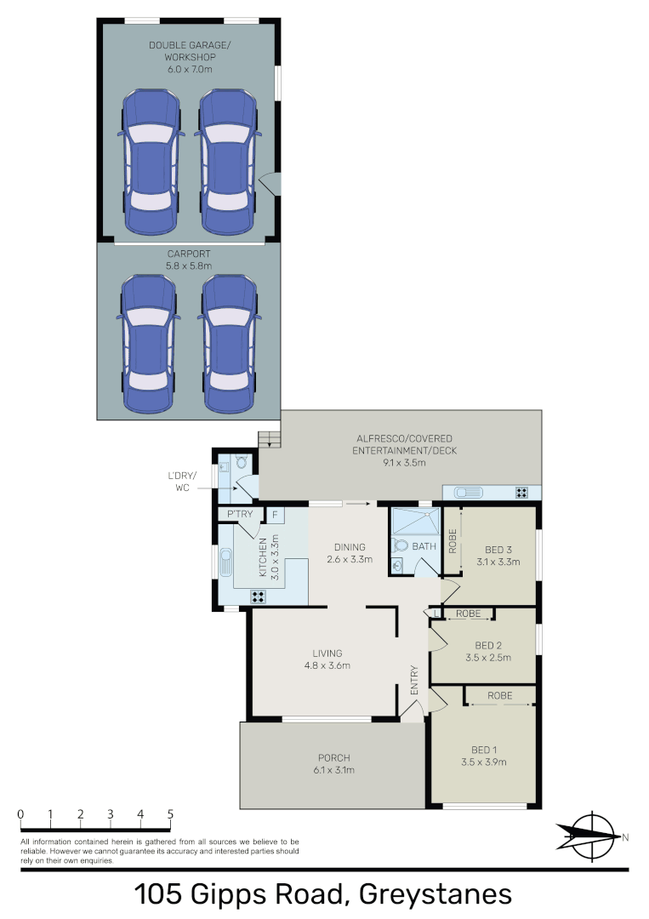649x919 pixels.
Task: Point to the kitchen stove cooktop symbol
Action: pyautogui.click(x=258, y=596)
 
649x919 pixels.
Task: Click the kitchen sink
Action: pyautogui.click(x=227, y=562)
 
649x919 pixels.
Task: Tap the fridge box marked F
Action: pyautogui.click(x=274, y=515)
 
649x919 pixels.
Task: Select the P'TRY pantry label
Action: pyautogui.click(x=239, y=515)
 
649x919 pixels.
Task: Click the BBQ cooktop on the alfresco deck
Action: pyautogui.click(x=521, y=492)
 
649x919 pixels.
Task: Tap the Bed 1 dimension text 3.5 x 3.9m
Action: pyautogui.click(x=482, y=762)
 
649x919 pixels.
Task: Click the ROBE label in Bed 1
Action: pyautogui.click(x=499, y=696)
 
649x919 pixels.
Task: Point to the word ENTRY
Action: pyautogui.click(x=414, y=681)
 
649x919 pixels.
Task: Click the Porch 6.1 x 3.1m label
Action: pyautogui.click(x=334, y=763)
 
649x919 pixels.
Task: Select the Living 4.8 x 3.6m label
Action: pyautogui.click(x=326, y=659)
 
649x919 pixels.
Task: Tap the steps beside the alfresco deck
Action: pyautogui.click(x=270, y=438)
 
